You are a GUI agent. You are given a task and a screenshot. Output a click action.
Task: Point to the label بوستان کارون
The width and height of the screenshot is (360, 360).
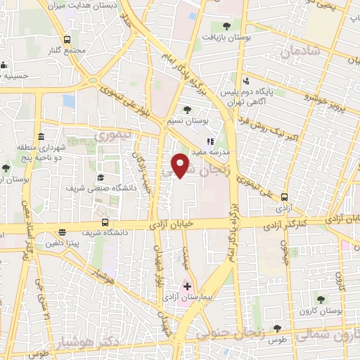pyautogui.click(x=324, y=309)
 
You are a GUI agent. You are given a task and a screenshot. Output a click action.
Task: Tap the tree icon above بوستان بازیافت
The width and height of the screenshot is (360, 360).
pyautogui.click(x=224, y=27)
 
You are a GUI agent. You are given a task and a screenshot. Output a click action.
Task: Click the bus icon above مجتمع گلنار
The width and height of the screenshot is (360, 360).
pyautogui.click(x=67, y=39)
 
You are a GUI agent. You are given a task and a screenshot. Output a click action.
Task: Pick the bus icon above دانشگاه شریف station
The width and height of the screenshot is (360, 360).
pyautogui.click(x=63, y=231)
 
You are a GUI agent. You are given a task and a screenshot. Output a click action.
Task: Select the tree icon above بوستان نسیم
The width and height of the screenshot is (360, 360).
pyautogui.click(x=187, y=109)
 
